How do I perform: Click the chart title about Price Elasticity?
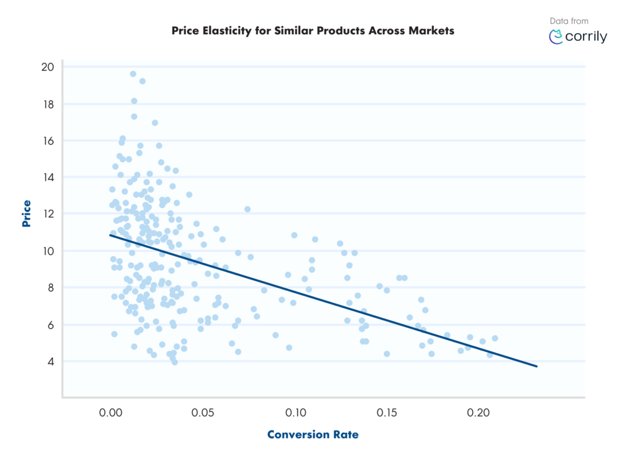313,30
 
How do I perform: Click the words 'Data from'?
569,21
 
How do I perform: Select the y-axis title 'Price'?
27,213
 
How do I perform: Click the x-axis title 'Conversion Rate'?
313,435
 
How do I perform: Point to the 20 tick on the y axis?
48,67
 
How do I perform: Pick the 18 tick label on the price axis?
48,104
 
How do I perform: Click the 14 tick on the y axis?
48,177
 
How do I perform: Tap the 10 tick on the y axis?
48,251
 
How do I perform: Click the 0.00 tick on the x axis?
111,413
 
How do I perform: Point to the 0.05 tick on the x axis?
203,413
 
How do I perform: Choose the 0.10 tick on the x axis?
295,413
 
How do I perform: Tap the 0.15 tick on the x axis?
387,413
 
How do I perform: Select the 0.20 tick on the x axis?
479,413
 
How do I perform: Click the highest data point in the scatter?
133,74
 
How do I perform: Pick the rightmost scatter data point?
495,338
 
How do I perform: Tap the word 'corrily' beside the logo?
586,37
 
